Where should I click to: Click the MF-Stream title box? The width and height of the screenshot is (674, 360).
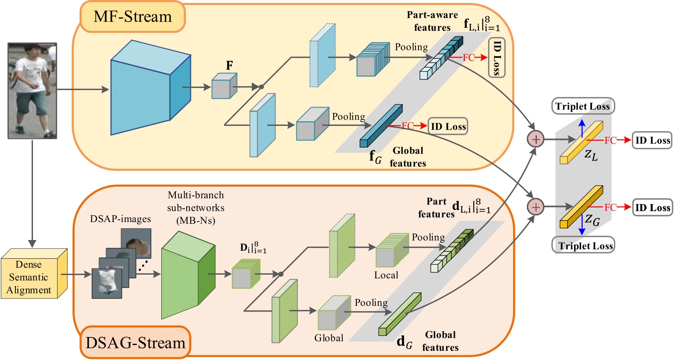(x=132, y=17)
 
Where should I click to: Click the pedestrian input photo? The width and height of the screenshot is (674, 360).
(x=32, y=90)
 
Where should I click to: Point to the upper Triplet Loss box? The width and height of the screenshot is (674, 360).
(x=582, y=106)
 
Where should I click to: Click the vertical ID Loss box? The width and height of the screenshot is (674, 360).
(x=496, y=58)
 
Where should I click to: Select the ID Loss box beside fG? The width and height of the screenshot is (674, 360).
(x=448, y=126)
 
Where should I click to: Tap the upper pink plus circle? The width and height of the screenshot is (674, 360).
(x=536, y=139)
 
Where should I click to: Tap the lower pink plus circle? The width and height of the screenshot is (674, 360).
(x=536, y=207)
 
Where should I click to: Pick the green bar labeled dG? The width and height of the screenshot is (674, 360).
(x=399, y=314)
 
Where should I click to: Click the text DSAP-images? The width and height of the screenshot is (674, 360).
(x=120, y=219)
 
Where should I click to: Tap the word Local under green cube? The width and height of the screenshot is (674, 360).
(x=386, y=275)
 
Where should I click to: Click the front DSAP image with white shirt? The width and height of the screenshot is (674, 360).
(x=107, y=283)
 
